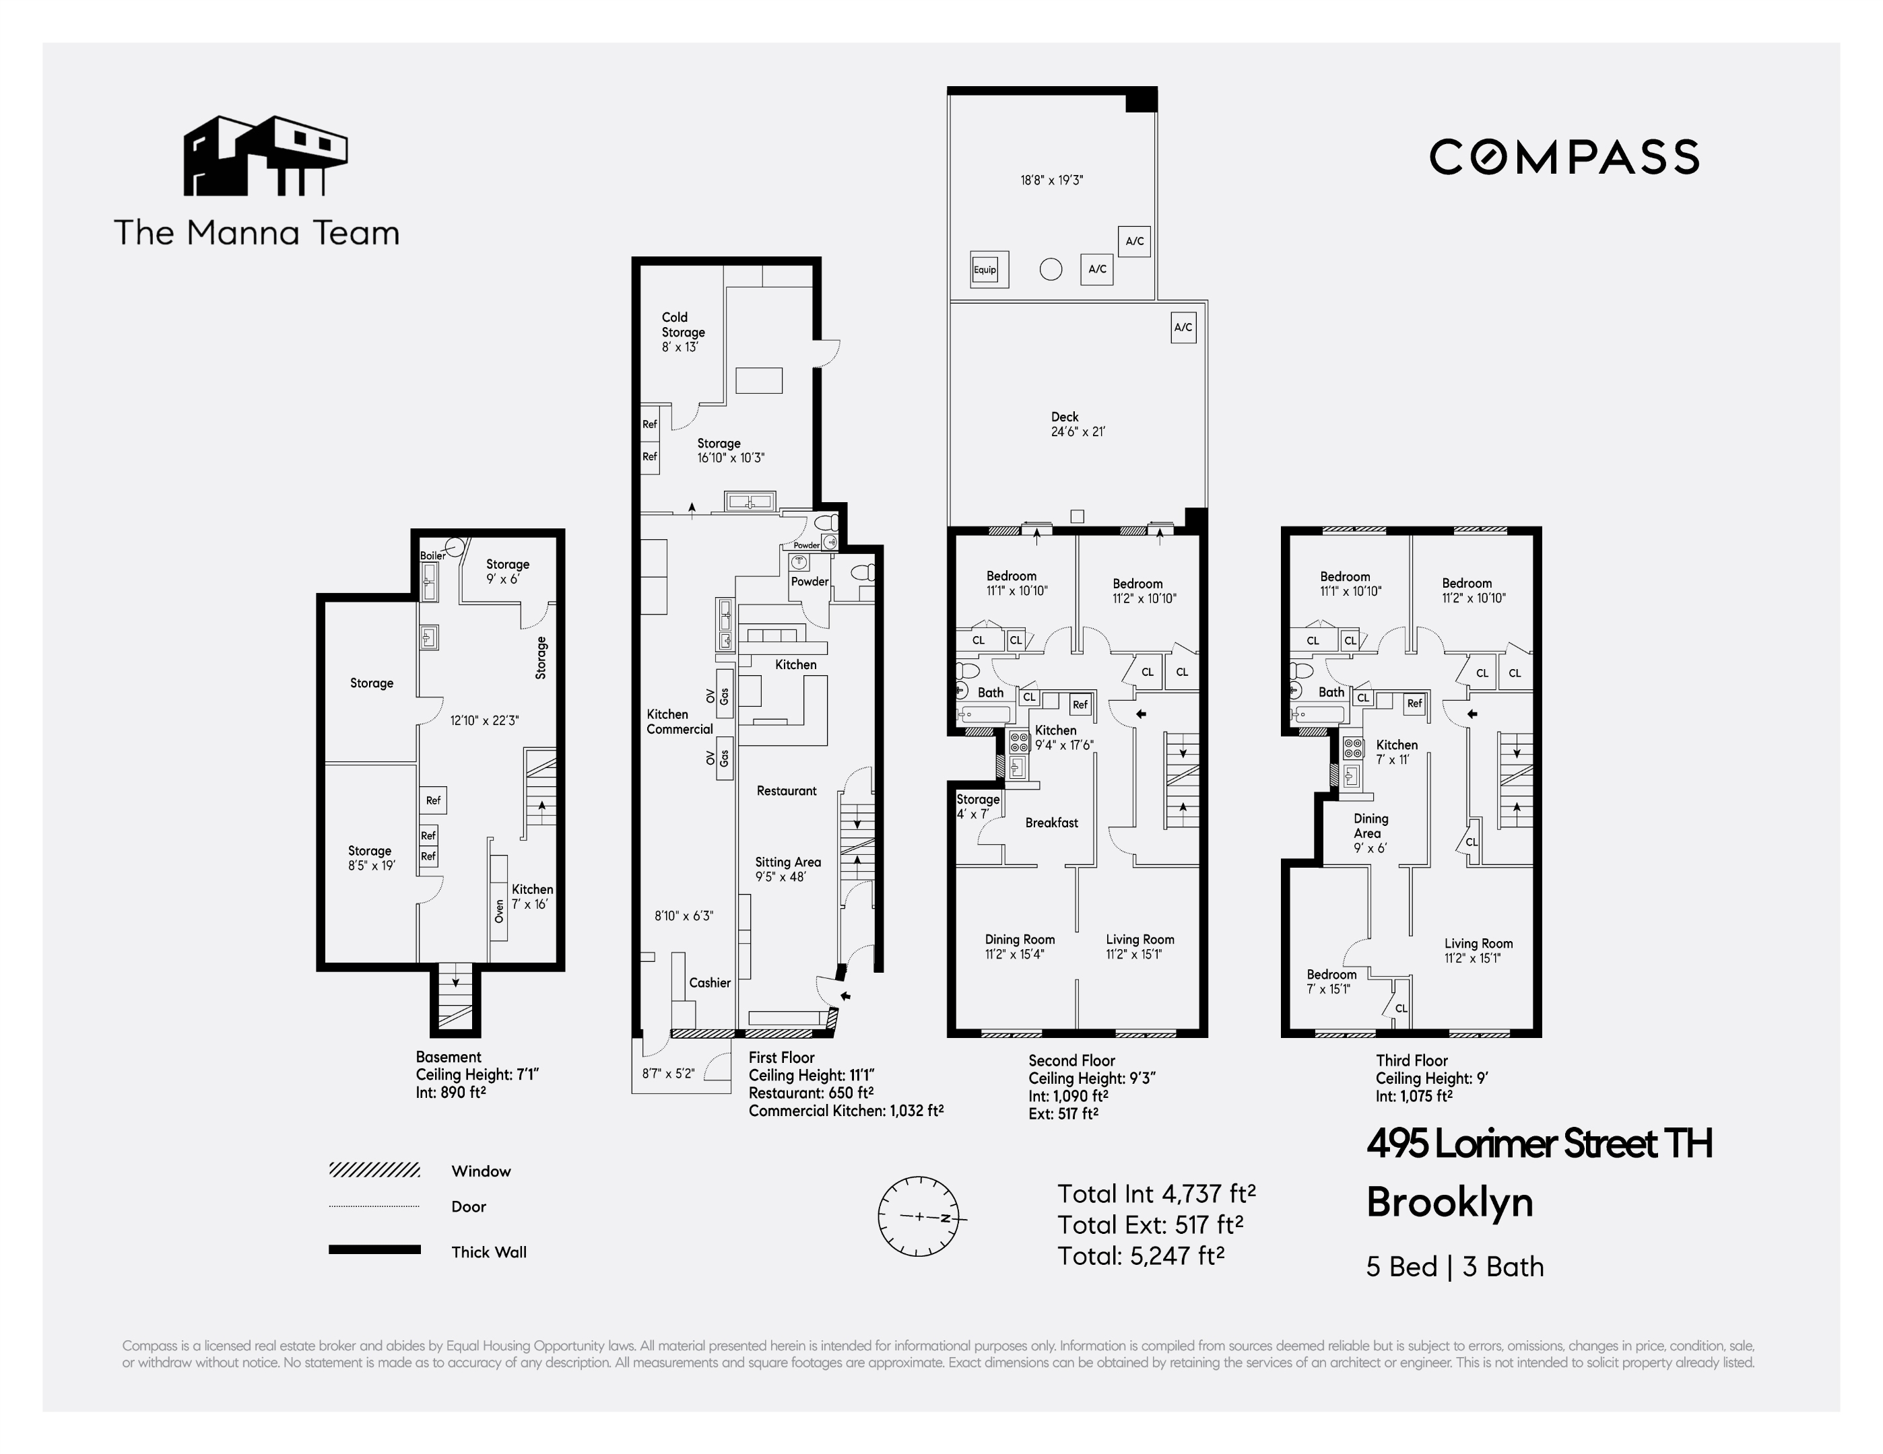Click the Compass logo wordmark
pyautogui.click(x=1563, y=157)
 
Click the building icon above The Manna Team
pyautogui.click(x=265, y=156)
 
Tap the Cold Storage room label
pyautogui.click(x=683, y=332)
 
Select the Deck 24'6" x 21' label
pyautogui.click(x=1077, y=424)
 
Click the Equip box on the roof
pyautogui.click(x=985, y=270)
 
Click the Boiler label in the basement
pyautogui.click(x=432, y=556)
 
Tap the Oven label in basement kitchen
pyautogui.click(x=499, y=911)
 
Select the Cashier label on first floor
pyautogui.click(x=710, y=983)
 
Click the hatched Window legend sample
pyautogui.click(x=374, y=1169)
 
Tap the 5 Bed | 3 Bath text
pyautogui.click(x=1455, y=1267)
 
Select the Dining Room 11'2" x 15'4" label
pyautogui.click(x=1019, y=946)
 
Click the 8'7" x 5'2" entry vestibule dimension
pyautogui.click(x=667, y=1074)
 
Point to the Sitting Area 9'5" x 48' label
pyautogui.click(x=787, y=869)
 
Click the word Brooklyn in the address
pyautogui.click(x=1449, y=1202)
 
